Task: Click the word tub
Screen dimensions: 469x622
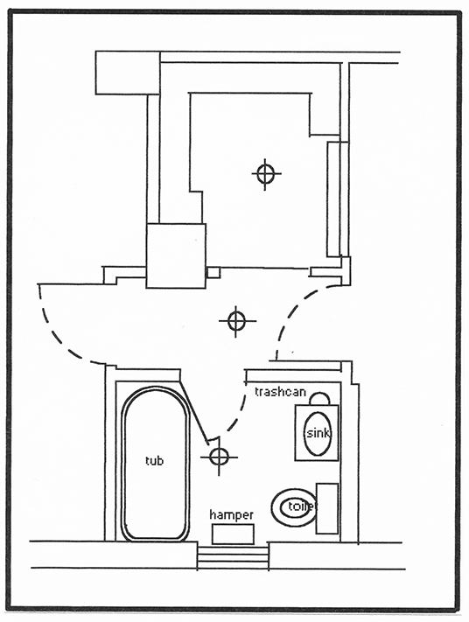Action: tap(154, 460)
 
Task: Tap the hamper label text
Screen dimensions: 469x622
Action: tap(231, 515)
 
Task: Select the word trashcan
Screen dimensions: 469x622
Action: tap(281, 392)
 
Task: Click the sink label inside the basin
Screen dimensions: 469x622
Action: tap(318, 433)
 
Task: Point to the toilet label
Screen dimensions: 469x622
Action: tap(303, 507)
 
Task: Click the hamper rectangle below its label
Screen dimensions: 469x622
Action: tap(233, 534)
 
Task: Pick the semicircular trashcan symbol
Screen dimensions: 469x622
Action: tap(319, 398)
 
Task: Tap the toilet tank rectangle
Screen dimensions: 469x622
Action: tap(327, 508)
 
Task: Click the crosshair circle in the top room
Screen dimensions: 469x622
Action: tap(265, 174)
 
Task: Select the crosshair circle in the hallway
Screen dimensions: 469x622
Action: tap(237, 321)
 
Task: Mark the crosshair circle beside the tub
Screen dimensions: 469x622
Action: tap(219, 458)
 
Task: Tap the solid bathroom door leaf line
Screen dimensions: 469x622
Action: tap(194, 413)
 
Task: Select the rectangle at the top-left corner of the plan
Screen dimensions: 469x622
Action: tap(128, 73)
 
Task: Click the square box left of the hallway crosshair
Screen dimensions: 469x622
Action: tap(176, 255)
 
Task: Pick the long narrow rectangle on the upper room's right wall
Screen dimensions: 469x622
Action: tap(333, 199)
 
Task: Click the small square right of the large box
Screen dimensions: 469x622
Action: tap(213, 273)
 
